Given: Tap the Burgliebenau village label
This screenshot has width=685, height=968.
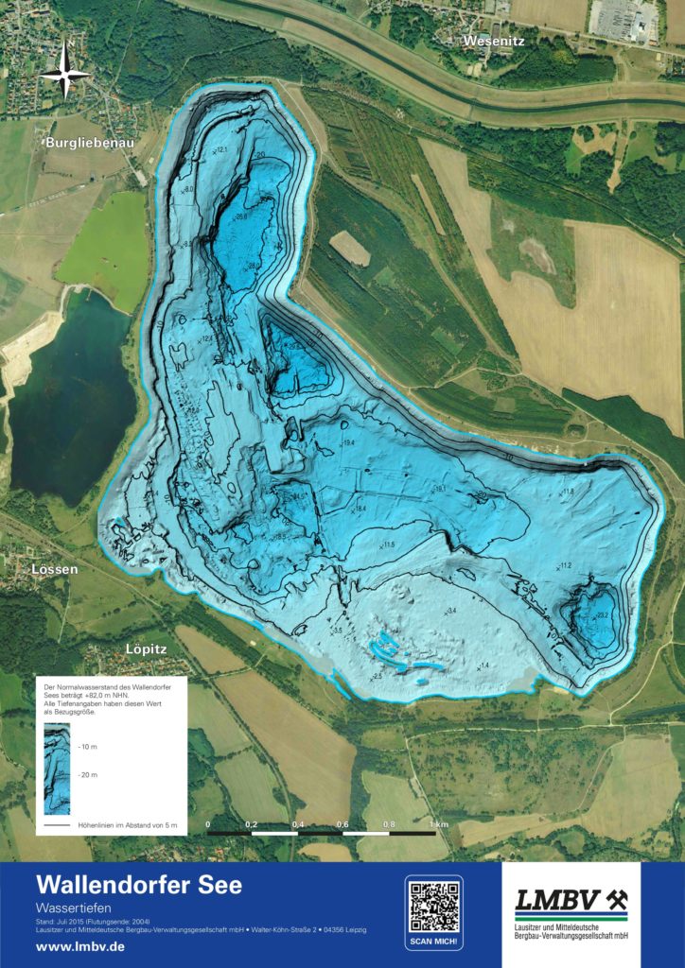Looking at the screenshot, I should tap(90, 143).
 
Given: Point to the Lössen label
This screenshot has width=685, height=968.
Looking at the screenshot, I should tap(54, 570).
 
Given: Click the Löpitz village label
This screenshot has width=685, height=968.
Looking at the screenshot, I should tap(146, 649).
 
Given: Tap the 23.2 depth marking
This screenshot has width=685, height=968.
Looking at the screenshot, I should tap(603, 615).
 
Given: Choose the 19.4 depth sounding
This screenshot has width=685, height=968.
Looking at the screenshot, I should tap(348, 442).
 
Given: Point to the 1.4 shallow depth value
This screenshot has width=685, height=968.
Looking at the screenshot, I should tap(485, 666).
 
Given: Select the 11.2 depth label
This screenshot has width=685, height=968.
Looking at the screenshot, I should tap(565, 565).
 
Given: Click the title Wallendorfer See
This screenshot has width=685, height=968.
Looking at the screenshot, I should tap(139, 886).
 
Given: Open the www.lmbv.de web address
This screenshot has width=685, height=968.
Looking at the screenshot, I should tap(80, 946).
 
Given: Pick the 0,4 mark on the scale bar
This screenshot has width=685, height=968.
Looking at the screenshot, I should tap(297, 824).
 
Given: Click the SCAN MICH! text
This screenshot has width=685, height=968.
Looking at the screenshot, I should tap(434, 942).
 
